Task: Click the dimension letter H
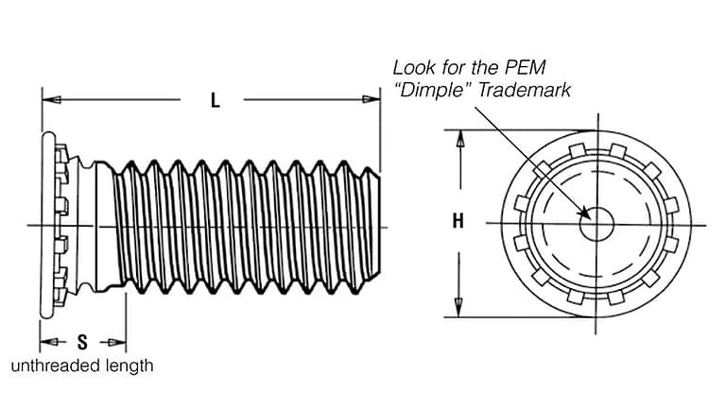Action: click(x=458, y=222)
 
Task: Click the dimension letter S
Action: click(x=82, y=342)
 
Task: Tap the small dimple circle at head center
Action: click(x=596, y=223)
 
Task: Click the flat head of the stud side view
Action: click(x=46, y=225)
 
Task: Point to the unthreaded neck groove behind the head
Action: click(x=86, y=225)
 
